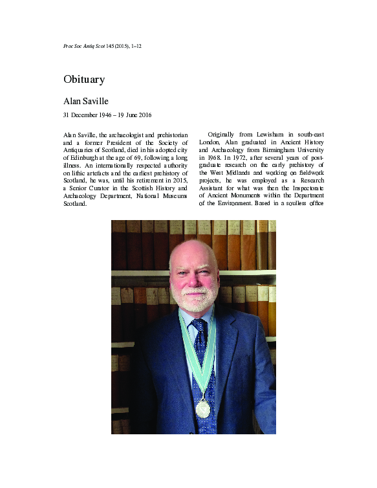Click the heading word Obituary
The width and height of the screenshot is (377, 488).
tap(84, 80)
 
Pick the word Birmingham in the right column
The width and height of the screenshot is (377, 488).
tap(279, 148)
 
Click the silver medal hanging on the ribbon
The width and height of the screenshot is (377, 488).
tap(202, 409)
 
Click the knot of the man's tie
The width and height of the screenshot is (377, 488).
tap(198, 324)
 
